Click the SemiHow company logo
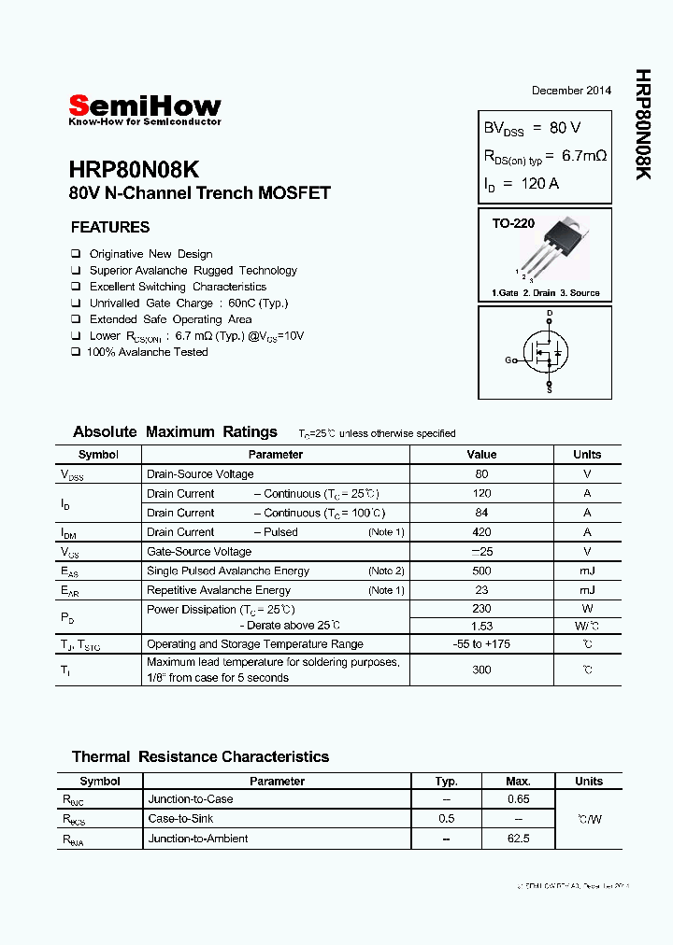145,109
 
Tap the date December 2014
571,91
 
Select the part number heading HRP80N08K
134,170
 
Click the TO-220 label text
514,224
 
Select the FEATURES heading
110,227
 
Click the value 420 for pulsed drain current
481,532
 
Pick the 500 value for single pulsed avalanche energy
481,571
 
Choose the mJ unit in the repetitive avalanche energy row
587,590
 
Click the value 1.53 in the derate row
481,626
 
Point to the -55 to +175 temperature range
481,644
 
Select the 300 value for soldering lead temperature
481,670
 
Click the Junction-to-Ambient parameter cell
198,839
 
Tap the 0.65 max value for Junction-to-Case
518,799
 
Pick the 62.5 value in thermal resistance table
518,839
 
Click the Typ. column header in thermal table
447,782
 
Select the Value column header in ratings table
481,455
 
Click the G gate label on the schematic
508,360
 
